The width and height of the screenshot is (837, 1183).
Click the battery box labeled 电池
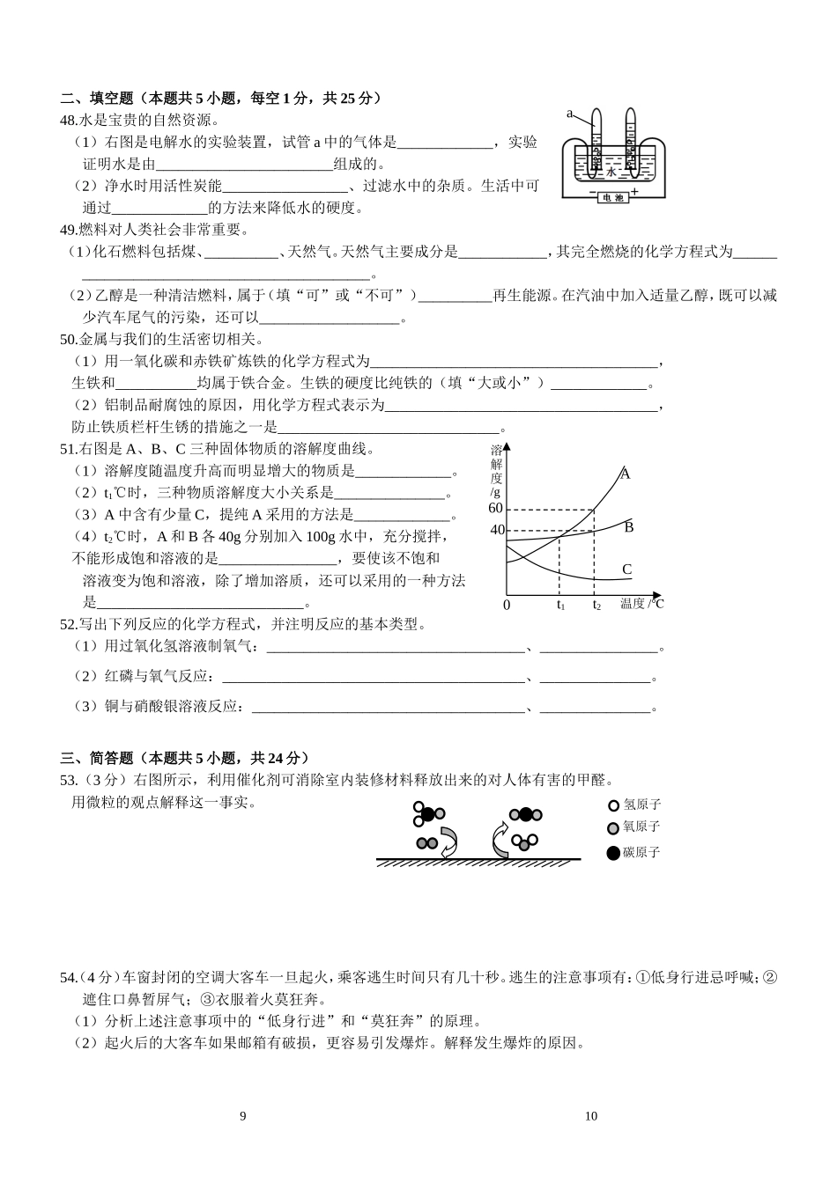pyautogui.click(x=611, y=198)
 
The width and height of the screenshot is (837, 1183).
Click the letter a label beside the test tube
pyautogui.click(x=569, y=114)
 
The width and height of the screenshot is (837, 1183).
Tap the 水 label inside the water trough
pyautogui.click(x=611, y=172)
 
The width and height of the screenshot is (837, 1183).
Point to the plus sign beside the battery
pyautogui.click(x=634, y=191)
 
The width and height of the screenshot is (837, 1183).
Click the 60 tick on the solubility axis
pyautogui.click(x=494, y=509)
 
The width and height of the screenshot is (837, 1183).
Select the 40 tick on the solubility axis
pyautogui.click(x=497, y=530)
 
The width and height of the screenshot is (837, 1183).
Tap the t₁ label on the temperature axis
pyautogui.click(x=559, y=605)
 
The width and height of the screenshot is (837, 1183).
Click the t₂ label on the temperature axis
pyautogui.click(x=596, y=605)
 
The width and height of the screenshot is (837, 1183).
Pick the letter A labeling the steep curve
pyautogui.click(x=625, y=474)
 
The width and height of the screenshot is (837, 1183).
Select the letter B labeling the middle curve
pyautogui.click(x=629, y=527)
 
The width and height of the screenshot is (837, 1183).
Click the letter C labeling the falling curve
pyautogui.click(x=626, y=569)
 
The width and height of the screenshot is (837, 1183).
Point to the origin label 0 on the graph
pyautogui.click(x=507, y=606)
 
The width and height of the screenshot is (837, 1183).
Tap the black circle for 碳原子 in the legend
pyautogui.click(x=614, y=852)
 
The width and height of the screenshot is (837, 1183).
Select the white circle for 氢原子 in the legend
pyautogui.click(x=614, y=805)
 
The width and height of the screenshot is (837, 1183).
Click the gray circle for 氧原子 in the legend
pyautogui.click(x=614, y=827)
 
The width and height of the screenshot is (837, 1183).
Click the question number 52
pyautogui.click(x=67, y=625)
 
